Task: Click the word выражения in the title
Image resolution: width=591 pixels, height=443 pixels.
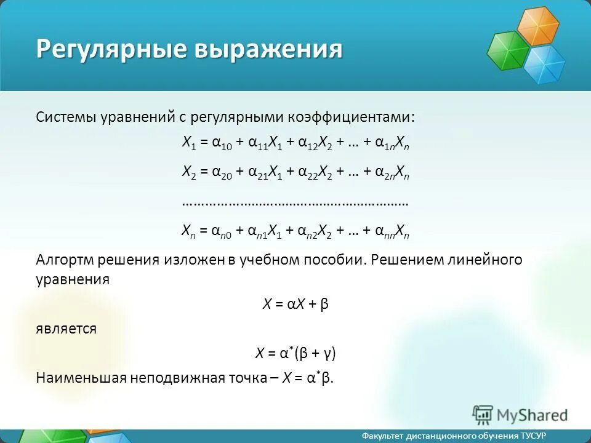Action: (x=269, y=49)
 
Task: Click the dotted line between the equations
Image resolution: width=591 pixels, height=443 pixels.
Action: (x=295, y=202)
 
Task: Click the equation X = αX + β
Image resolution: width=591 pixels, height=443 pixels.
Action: (x=295, y=304)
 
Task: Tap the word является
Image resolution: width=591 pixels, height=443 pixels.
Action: (x=66, y=329)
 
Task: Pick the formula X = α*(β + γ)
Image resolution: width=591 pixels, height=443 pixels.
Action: (x=295, y=353)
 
